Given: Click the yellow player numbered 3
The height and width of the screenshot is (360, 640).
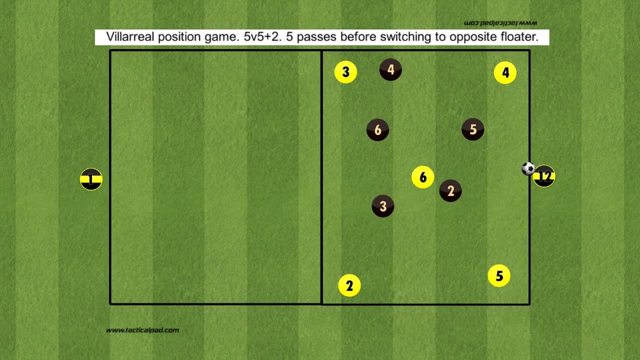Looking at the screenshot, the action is pyautogui.click(x=345, y=72).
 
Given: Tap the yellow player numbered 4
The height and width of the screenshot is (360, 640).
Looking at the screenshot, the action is pyautogui.click(x=505, y=73).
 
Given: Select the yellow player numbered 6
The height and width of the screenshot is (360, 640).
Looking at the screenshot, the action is pyautogui.click(x=423, y=177).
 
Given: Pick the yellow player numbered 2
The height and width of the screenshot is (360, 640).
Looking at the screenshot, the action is pyautogui.click(x=349, y=285).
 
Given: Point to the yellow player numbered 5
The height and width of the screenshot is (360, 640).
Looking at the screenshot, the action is pyautogui.click(x=499, y=276).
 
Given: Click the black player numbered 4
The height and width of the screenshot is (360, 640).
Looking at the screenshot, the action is pyautogui.click(x=390, y=70).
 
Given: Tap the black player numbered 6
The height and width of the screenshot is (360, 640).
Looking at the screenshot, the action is pyautogui.click(x=377, y=130).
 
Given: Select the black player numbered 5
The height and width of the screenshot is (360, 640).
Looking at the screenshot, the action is pyautogui.click(x=473, y=130).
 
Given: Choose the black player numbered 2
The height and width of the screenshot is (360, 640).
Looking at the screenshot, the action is pyautogui.click(x=450, y=191).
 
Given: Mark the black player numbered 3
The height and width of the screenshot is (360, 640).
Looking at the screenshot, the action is pyautogui.click(x=383, y=206).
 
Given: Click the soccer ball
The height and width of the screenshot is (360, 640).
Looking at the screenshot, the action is pyautogui.click(x=528, y=168).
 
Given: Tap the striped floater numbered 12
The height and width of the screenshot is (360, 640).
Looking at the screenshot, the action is pyautogui.click(x=544, y=176).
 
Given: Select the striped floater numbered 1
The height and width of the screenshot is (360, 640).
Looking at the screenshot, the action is pyautogui.click(x=91, y=179).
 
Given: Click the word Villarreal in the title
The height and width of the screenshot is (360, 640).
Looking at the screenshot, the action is pyautogui.click(x=129, y=37).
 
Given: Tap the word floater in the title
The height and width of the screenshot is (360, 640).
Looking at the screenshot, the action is pyautogui.click(x=517, y=37).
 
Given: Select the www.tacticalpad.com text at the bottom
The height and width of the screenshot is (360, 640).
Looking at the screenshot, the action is pyautogui.click(x=142, y=330).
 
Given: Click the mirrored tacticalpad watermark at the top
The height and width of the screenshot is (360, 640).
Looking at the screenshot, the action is pyautogui.click(x=500, y=23).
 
